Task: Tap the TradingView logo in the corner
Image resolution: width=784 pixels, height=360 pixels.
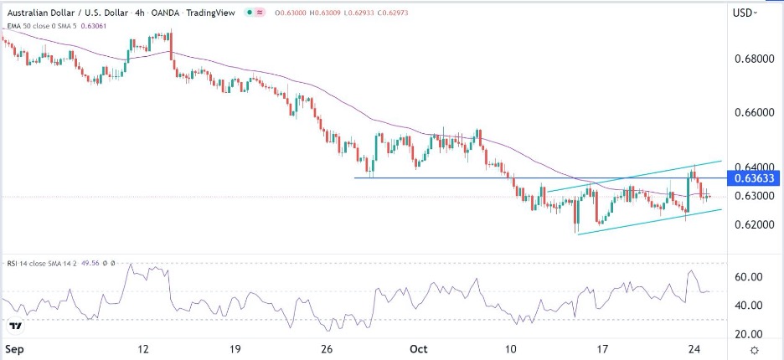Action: click(15, 326)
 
